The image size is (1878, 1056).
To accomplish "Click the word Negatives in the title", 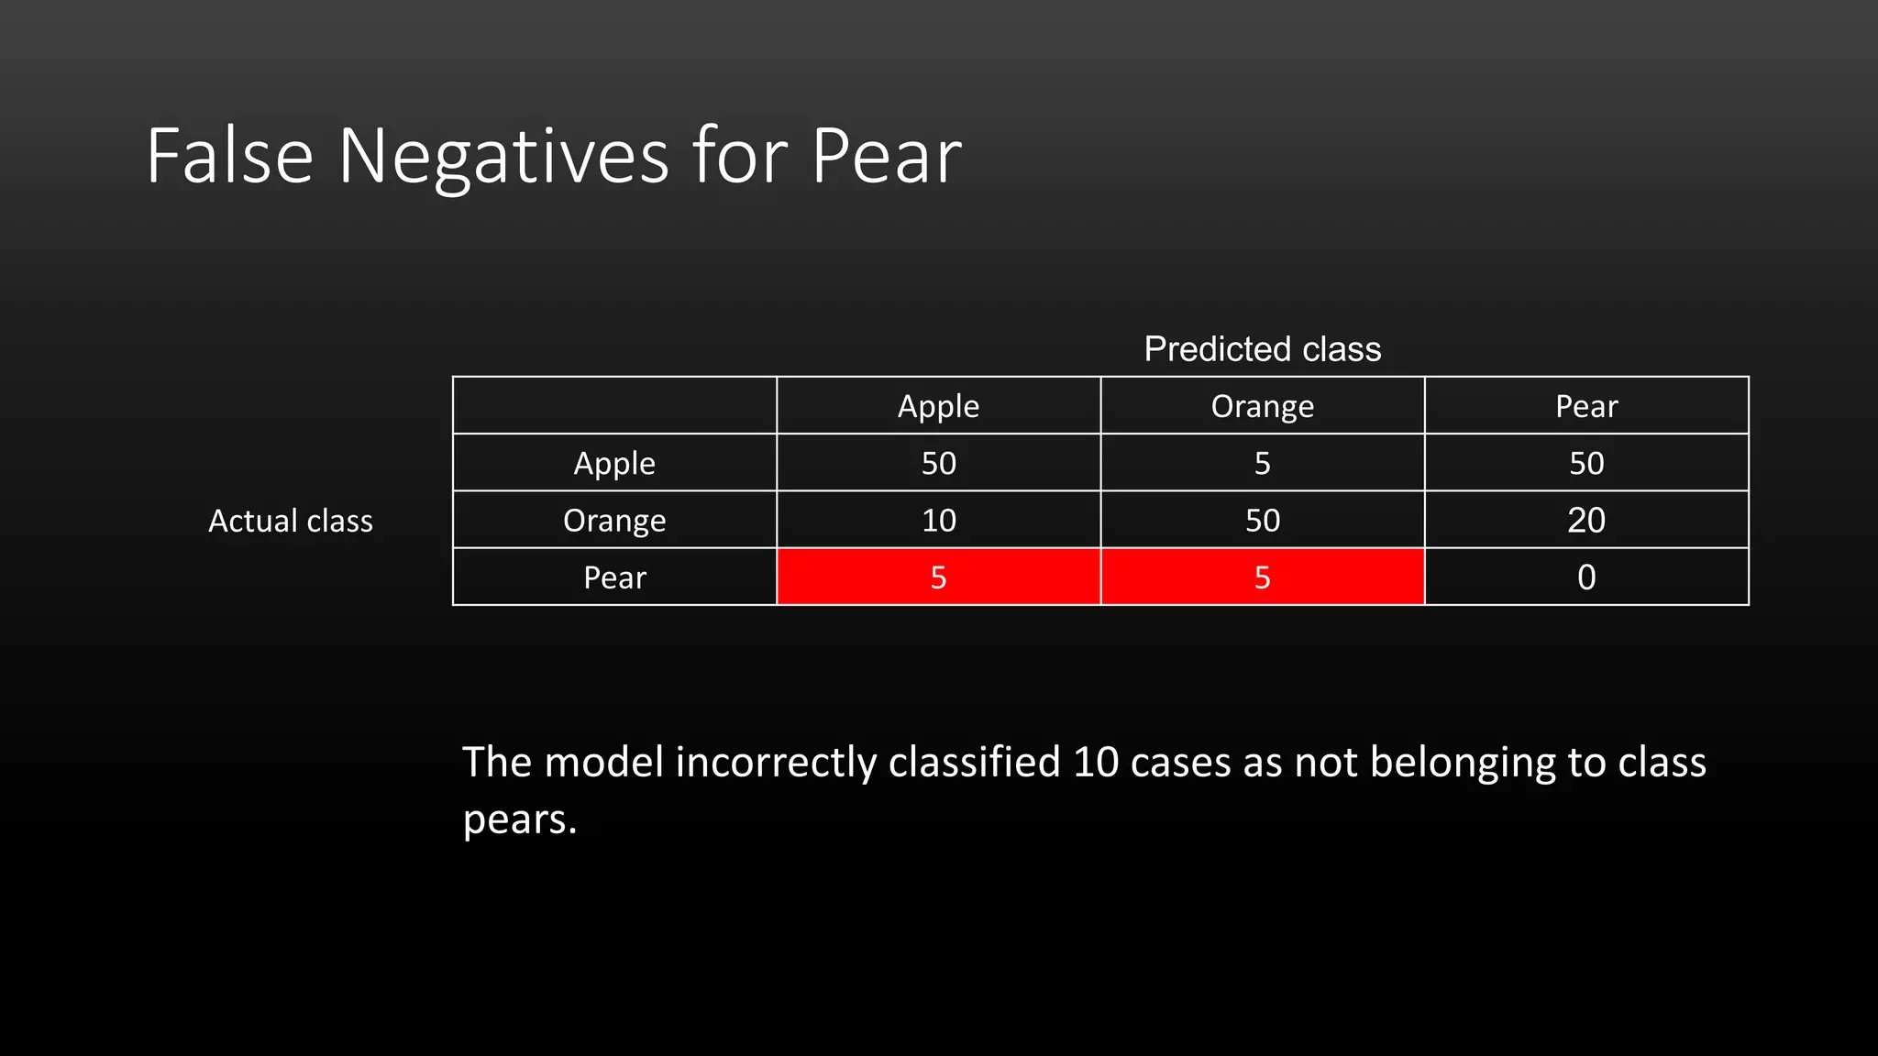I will (503, 158).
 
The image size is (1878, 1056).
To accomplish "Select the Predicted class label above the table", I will (1262, 349).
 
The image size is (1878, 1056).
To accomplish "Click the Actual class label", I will (291, 521).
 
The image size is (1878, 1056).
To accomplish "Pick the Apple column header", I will (938, 406).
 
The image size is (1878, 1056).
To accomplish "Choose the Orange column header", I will (1262, 406).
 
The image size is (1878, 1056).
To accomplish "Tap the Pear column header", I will (1585, 406).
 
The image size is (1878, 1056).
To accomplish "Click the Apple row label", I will (614, 463).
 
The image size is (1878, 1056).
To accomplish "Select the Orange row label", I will (614, 521).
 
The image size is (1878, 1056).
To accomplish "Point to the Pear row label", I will (614, 577).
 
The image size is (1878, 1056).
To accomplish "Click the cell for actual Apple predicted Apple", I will (938, 463).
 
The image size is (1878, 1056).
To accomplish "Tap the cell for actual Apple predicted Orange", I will (1262, 463).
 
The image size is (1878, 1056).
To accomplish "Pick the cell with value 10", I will (938, 521).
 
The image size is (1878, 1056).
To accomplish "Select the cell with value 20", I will (1585, 521).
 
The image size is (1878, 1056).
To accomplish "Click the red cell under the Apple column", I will (938, 577).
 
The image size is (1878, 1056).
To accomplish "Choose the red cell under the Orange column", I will (1262, 577).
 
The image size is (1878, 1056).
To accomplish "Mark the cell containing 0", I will (1585, 577).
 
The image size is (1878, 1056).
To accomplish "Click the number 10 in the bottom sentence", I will (1096, 763).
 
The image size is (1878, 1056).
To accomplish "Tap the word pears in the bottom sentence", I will (519, 819).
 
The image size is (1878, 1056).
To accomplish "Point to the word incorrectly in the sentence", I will (776, 763).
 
